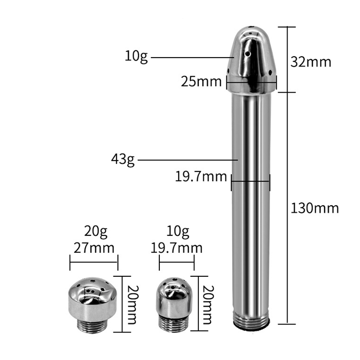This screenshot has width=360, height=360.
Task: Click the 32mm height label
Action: (x=311, y=62)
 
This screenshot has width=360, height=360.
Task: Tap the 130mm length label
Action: (x=315, y=208)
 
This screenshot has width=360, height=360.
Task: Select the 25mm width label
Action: (x=201, y=81)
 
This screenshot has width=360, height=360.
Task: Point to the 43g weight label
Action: (x=123, y=160)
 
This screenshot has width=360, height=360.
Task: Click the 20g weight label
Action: (x=96, y=231)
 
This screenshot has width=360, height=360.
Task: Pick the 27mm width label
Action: (x=94, y=248)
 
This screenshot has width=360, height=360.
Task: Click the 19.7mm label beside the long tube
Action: (x=201, y=177)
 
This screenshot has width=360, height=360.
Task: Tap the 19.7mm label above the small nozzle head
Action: (x=176, y=248)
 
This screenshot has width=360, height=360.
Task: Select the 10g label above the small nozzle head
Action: (x=178, y=231)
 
